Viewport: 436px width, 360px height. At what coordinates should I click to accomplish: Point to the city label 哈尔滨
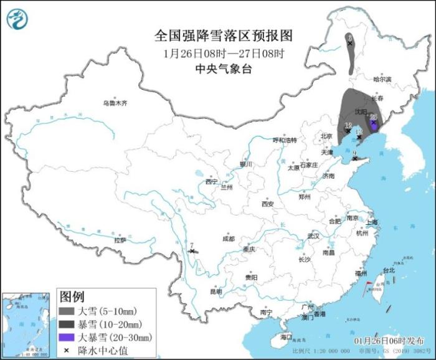382,79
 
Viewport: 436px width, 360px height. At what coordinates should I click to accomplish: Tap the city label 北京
326,136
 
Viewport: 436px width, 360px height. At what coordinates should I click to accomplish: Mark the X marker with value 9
354,158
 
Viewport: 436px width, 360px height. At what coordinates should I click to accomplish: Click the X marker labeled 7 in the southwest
192,251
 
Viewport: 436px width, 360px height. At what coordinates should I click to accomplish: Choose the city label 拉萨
120,240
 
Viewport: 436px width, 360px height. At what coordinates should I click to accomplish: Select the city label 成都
228,239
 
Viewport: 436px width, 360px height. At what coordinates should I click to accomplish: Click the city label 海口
286,336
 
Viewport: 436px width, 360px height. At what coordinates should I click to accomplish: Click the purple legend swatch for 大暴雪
67,337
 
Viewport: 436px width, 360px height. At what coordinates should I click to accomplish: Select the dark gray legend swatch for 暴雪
67,324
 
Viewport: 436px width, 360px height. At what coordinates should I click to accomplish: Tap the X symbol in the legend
67,350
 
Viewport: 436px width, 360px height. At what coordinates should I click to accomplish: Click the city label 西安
268,204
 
